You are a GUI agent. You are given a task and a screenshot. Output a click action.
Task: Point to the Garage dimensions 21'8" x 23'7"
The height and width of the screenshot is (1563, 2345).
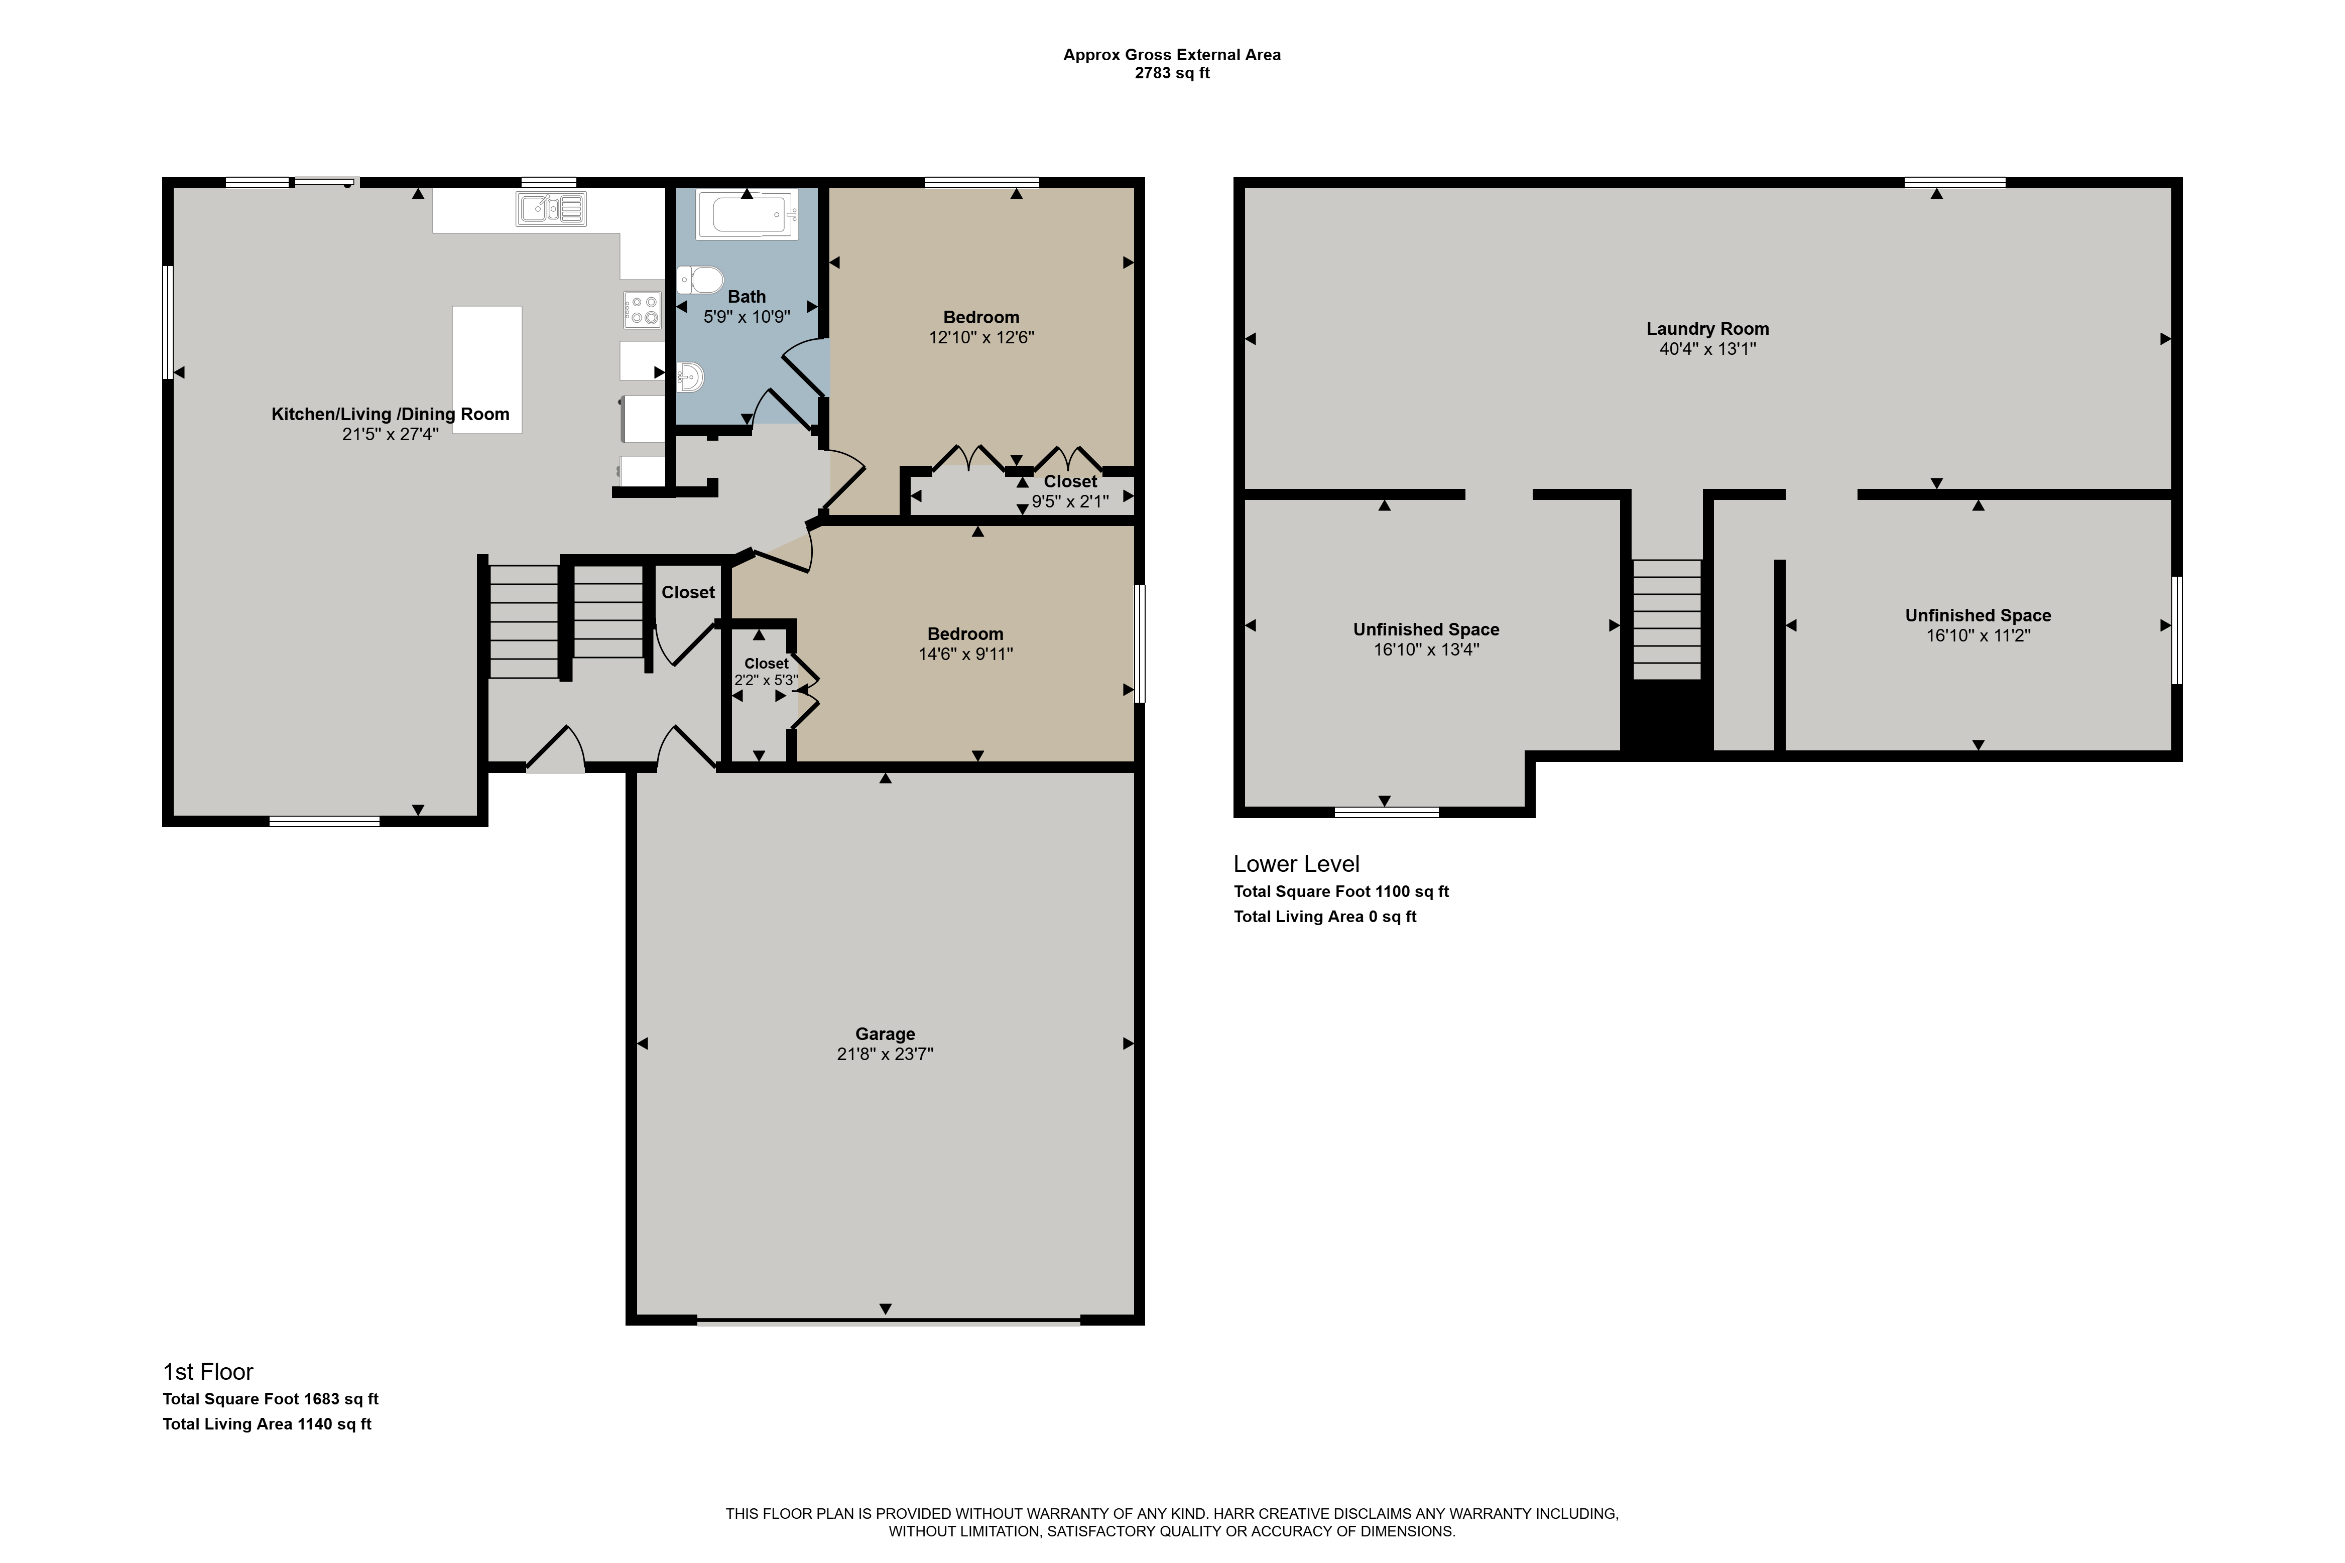tap(886, 1054)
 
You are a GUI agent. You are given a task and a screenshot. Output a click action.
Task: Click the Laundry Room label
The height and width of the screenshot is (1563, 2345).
tap(1708, 329)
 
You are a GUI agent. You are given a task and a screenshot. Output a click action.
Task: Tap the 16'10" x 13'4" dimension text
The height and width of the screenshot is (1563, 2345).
tap(1427, 649)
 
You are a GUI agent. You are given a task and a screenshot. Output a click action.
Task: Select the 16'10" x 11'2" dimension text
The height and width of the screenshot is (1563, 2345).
tap(1978, 635)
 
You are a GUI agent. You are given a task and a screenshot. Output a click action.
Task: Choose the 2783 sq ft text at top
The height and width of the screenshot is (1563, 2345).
tap(1173, 73)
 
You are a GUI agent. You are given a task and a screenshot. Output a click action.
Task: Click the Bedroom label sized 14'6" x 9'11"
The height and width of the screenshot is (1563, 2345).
tap(965, 634)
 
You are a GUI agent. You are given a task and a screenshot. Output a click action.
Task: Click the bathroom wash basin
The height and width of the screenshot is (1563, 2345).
tap(691, 377)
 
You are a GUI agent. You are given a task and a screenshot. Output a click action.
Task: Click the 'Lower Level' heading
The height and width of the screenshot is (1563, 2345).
tap(1296, 864)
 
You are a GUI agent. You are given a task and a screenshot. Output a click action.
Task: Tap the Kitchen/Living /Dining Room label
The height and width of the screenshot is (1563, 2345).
tap(391, 415)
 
